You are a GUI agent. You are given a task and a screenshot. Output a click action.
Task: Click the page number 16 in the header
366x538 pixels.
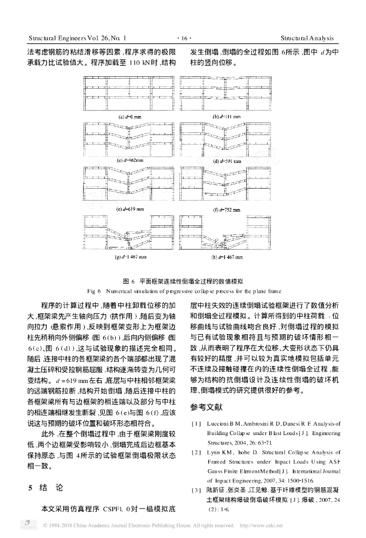[x=182, y=38]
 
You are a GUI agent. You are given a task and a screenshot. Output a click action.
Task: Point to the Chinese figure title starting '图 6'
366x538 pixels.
[x=182, y=281]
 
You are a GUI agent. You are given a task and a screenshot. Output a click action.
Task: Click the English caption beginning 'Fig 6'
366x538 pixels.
[x=182, y=291]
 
